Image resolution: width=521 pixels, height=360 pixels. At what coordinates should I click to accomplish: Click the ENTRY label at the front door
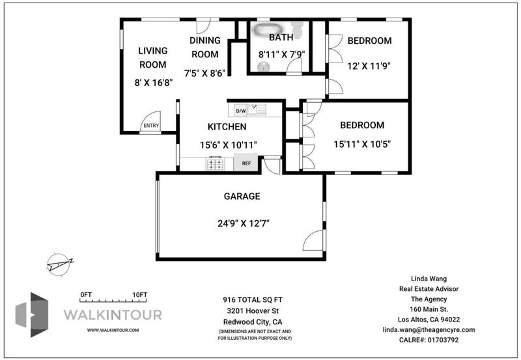(x=151, y=126)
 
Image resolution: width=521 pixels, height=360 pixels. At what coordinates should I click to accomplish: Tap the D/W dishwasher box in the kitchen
(x=241, y=111)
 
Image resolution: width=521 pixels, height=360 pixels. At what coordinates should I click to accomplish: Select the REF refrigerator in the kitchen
(x=246, y=163)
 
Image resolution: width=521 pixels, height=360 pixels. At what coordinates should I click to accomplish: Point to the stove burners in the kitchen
(x=215, y=163)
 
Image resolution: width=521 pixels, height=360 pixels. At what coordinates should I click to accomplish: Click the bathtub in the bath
(x=268, y=29)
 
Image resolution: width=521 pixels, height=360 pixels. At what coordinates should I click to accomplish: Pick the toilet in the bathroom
(x=298, y=29)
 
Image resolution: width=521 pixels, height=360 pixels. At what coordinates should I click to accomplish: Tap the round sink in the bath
(x=264, y=66)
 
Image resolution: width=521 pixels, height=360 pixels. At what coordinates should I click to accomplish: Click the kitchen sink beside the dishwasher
(x=257, y=110)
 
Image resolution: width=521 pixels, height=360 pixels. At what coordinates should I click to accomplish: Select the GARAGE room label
(x=242, y=196)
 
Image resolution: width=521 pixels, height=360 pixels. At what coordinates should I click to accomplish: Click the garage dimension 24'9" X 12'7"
(x=243, y=223)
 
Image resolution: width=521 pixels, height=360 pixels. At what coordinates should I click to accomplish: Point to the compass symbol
(x=59, y=264)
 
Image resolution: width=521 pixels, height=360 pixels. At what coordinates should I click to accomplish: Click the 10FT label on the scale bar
(x=139, y=295)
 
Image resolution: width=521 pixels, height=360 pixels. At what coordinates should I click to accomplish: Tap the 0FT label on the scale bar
(x=86, y=295)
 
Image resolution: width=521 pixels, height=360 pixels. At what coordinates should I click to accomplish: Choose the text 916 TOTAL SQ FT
(x=253, y=300)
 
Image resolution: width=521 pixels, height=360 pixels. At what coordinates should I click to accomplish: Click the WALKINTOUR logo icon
(x=32, y=314)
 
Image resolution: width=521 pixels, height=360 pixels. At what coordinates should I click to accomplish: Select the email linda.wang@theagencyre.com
(x=429, y=330)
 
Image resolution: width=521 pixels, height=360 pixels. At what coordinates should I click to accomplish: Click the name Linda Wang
(x=429, y=279)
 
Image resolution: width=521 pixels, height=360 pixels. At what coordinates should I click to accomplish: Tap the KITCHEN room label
(x=227, y=126)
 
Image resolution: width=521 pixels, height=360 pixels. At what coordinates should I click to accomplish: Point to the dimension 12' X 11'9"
(x=369, y=66)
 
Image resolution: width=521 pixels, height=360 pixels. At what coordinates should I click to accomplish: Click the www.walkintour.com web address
(x=113, y=330)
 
